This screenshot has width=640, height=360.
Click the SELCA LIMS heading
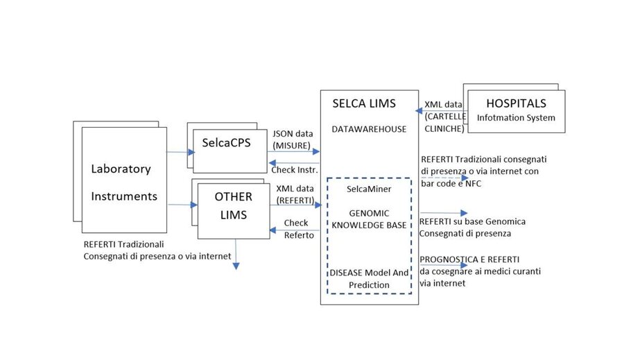click(363, 104)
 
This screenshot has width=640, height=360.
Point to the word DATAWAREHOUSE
click(369, 129)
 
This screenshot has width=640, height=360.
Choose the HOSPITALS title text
click(516, 103)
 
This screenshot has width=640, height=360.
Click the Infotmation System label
click(516, 118)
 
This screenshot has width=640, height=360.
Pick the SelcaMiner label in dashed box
click(369, 189)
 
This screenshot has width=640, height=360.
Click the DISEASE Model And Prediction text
click(369, 279)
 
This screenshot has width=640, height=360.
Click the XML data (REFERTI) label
click(295, 194)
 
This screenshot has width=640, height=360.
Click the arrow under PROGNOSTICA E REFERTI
click(444, 265)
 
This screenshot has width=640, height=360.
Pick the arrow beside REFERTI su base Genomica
click(444, 213)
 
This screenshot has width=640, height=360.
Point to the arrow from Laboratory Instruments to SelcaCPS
click(181, 151)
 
